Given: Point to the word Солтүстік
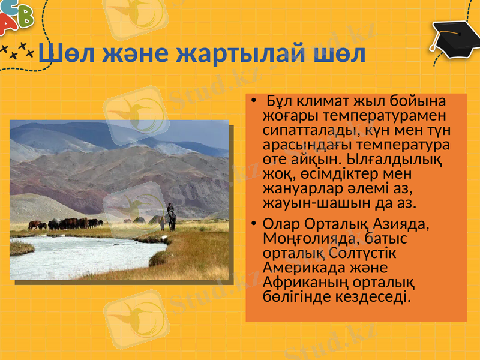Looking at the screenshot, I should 361,253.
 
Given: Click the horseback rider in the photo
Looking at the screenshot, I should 171,217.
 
